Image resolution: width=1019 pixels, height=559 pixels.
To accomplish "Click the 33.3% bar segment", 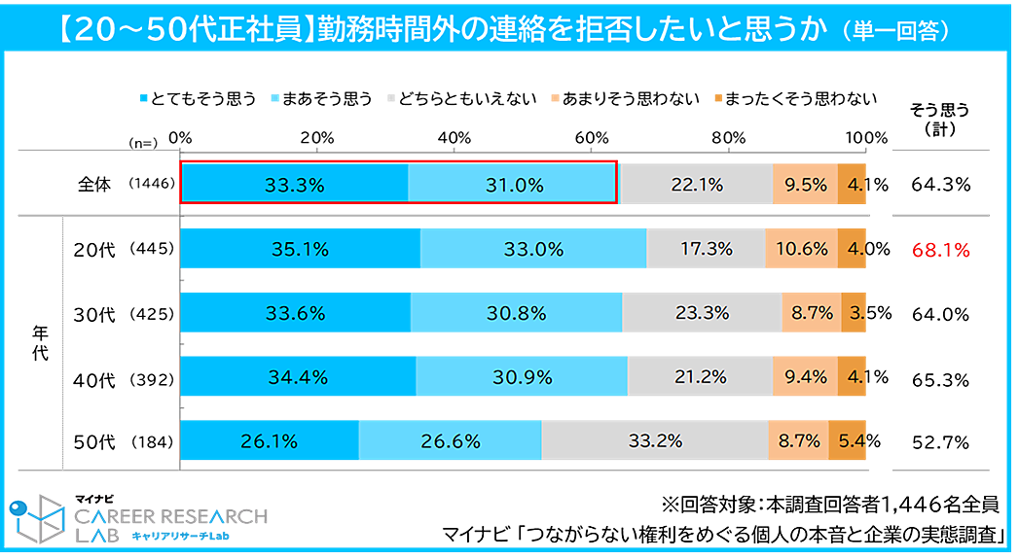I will pyautogui.click(x=294, y=185).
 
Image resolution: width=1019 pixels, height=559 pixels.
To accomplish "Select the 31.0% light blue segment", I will pyautogui.click(x=512, y=185).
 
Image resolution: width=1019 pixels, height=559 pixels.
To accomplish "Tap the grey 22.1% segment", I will pyautogui.click(x=695, y=185).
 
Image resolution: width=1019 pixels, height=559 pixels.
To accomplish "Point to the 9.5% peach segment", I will pyautogui.click(x=805, y=185).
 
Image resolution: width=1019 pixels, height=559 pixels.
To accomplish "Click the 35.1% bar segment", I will pyautogui.click(x=300, y=249).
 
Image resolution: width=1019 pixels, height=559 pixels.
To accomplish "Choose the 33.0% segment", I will pyautogui.click(x=533, y=249).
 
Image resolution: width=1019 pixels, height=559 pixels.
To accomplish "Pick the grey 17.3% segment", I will pyautogui.click(x=706, y=249).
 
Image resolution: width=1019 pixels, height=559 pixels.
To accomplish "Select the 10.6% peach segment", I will pyautogui.click(x=803, y=249).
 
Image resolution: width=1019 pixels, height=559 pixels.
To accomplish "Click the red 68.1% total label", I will pyautogui.click(x=941, y=251).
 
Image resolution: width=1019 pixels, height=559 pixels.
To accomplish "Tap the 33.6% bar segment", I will pyautogui.click(x=295, y=313).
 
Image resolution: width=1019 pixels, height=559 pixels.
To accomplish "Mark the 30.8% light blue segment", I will pyautogui.click(x=516, y=313).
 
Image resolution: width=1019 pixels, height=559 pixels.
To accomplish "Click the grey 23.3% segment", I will pyautogui.click(x=702, y=313).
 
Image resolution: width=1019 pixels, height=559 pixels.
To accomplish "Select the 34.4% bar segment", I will pyautogui.click(x=298, y=376).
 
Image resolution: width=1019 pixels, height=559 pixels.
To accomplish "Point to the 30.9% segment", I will pyautogui.click(x=522, y=376).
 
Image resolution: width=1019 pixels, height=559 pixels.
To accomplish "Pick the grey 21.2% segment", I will pyautogui.click(x=700, y=376).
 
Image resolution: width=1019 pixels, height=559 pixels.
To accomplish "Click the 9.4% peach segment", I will pyautogui.click(x=805, y=376).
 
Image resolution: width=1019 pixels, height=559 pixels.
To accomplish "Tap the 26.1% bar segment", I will pyautogui.click(x=269, y=440).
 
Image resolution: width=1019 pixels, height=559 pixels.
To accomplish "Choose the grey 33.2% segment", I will pyautogui.click(x=655, y=440).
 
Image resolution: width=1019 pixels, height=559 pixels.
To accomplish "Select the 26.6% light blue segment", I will pyautogui.click(x=451, y=440).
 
